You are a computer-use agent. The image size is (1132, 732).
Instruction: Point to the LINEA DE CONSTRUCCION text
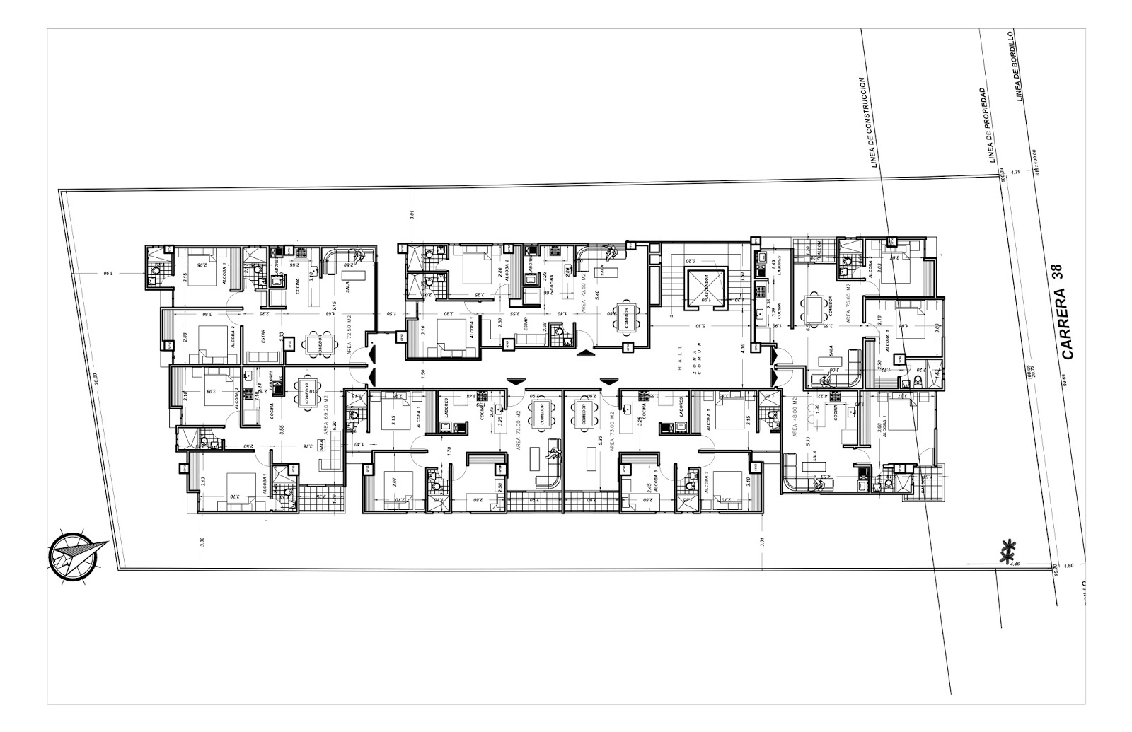[x=868, y=124]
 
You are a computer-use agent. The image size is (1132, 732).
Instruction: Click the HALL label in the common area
[x=678, y=352]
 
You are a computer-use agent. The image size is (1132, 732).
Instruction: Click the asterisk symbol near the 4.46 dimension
[x=1006, y=552]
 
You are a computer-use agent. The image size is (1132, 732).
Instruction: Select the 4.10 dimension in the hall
[x=741, y=348]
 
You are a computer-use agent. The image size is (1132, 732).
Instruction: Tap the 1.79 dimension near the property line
[x=1016, y=171]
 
